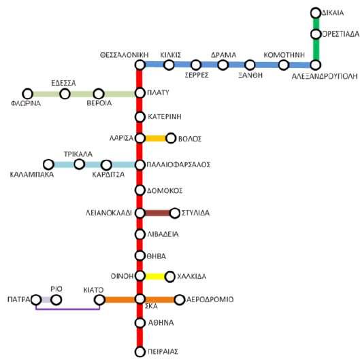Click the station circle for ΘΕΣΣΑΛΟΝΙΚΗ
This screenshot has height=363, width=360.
140,65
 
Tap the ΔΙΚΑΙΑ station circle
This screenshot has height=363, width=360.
316,13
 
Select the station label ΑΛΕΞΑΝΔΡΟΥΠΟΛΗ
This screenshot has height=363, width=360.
325,76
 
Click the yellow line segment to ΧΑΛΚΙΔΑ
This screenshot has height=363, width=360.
155,277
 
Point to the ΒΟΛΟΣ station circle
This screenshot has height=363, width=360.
171,138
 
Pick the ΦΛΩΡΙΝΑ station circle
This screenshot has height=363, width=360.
28,94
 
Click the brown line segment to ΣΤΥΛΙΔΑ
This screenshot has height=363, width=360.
157,213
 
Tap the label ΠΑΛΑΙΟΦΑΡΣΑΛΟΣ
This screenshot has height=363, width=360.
178,165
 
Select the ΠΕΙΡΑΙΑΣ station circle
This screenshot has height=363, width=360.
140,351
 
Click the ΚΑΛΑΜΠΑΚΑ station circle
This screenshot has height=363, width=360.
48,165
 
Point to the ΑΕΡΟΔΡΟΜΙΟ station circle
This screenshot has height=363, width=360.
180,300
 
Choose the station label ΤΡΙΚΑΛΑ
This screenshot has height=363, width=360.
78,154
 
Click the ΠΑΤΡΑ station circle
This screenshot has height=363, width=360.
36,300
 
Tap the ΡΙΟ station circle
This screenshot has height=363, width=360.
56,300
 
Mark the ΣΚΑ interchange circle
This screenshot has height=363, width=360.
140,299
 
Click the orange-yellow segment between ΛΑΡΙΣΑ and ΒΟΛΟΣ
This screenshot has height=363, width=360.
156,139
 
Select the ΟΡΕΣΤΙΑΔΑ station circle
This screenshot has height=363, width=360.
316,34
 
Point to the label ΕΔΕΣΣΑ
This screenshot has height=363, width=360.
63,83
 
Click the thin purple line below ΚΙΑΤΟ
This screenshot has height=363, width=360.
67,309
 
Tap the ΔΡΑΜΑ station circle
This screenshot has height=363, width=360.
223,65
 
